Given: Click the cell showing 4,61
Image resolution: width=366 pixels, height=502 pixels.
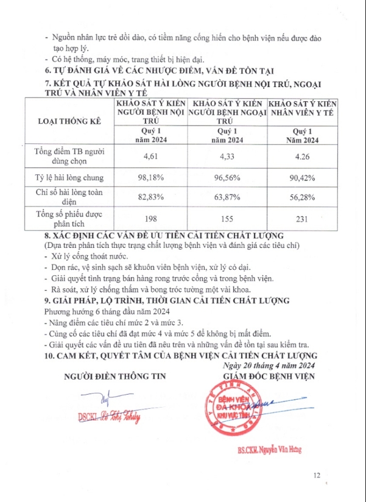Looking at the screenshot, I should [150, 157].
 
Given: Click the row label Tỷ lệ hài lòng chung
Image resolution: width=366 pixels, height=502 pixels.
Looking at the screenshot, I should [69, 179].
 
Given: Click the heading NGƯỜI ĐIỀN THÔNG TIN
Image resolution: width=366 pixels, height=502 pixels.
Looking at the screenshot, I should [114, 377].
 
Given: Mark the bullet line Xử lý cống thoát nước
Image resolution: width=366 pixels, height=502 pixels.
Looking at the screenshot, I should [87, 256].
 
